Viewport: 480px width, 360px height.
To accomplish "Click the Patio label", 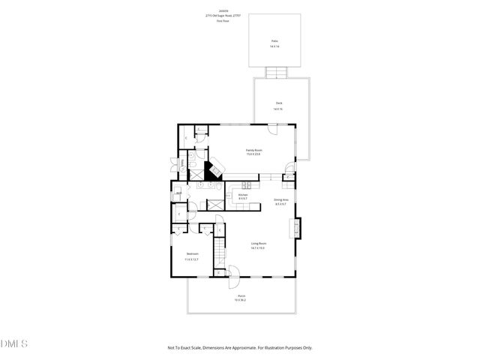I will pos(274,41).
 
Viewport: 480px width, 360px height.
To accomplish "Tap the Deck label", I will pos(278,103).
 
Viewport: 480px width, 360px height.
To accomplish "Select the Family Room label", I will pos(253,150).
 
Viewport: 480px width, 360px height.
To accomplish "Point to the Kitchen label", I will pos(242,195).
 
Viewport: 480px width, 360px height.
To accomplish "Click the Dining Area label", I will pos(281,199).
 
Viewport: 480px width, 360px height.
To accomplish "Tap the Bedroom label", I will pos(192,253).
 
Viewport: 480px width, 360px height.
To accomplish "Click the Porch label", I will pos(241,295).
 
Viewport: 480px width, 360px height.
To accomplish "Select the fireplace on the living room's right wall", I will pos(298,228).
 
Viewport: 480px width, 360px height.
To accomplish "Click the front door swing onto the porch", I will pos(232,279).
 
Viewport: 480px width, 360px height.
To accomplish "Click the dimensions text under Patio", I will pos(274,46).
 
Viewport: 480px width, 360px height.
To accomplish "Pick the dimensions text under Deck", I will pos(278,109).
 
